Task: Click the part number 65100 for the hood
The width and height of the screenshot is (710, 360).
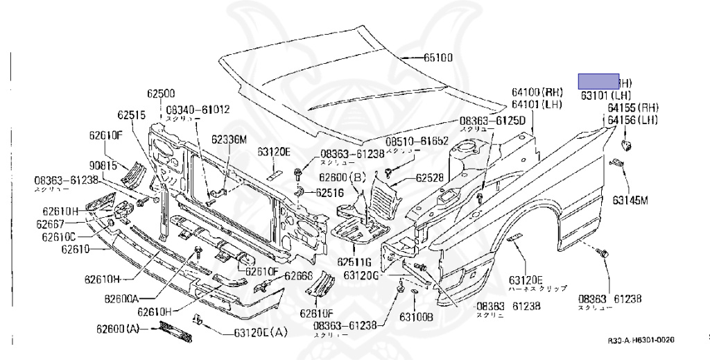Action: (438, 58)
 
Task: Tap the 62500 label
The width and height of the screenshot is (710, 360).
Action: (160, 93)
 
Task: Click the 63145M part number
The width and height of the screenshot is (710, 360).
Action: (630, 201)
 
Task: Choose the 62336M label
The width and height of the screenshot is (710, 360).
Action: (230, 139)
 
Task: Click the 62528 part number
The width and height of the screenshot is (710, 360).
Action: (430, 178)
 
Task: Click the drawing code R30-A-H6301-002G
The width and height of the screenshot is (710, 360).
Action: (641, 341)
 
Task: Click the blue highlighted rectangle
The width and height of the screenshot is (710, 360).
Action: (599, 81)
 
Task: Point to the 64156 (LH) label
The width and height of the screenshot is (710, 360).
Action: (632, 121)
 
